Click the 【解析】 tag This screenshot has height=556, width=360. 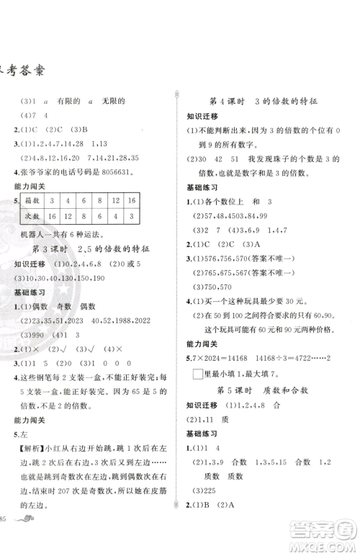pos(30,455)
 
